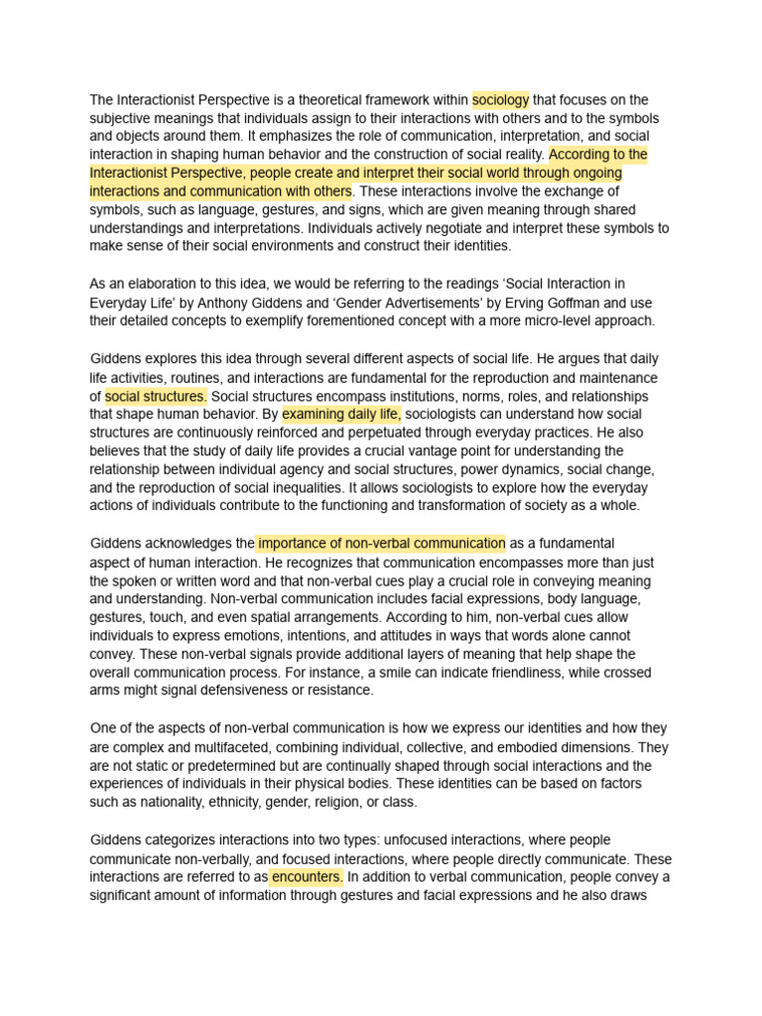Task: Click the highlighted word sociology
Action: click(x=500, y=100)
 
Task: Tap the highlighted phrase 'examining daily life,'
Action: click(x=341, y=414)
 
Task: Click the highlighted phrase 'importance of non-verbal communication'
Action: click(x=381, y=544)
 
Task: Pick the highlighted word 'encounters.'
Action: click(x=307, y=877)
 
